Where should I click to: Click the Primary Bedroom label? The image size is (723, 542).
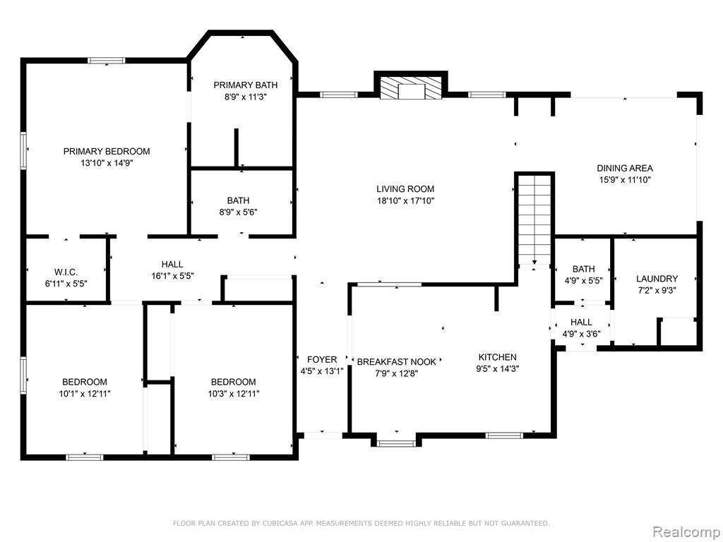click(107, 151)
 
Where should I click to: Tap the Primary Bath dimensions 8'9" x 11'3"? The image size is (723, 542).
click(245, 97)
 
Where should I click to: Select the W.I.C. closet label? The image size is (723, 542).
click(66, 272)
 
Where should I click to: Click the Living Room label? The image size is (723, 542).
click(405, 188)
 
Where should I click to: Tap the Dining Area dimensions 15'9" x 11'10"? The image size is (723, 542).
click(625, 180)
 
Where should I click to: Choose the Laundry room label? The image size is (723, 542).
click(657, 278)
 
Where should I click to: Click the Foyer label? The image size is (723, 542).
click(322, 359)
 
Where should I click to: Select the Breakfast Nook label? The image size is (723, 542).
click(397, 362)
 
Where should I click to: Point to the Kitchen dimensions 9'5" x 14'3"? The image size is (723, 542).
click(498, 368)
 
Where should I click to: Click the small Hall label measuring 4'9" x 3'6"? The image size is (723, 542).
click(581, 322)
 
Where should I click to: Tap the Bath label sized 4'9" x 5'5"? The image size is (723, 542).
click(583, 269)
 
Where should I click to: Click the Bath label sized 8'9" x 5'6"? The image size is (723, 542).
click(238, 200)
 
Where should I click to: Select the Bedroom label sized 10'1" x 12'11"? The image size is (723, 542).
click(85, 382)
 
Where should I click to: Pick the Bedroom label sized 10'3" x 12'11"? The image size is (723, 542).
click(233, 382)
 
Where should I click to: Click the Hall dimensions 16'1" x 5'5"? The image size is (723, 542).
click(172, 276)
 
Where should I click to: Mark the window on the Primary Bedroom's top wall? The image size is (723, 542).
click(107, 61)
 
